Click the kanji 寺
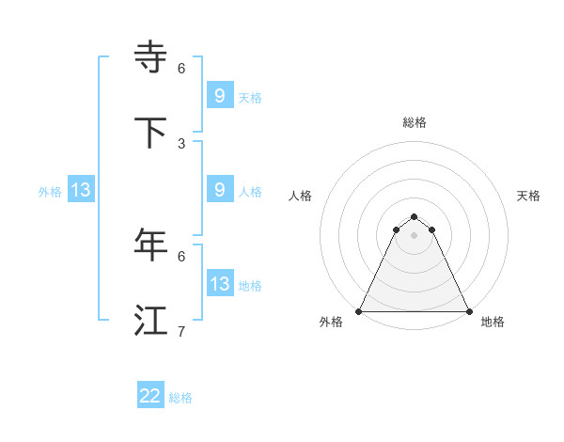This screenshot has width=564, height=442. click(x=151, y=57)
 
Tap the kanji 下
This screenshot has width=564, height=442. click(x=151, y=133)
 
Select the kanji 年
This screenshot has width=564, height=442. click(x=151, y=245)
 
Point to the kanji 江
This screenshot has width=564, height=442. click(x=151, y=321)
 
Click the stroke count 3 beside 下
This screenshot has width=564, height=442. click(x=181, y=143)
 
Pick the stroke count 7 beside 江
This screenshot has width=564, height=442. click(x=181, y=331)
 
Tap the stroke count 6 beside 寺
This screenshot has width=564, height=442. click(x=181, y=68)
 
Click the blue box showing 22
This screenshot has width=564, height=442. click(x=150, y=396)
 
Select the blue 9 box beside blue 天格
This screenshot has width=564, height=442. click(x=219, y=95)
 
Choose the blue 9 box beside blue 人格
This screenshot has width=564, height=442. click(x=219, y=189)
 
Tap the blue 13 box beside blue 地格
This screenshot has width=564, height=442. click(x=219, y=283)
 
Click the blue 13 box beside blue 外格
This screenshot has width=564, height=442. click(x=81, y=190)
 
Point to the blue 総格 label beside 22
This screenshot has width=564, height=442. click(x=180, y=398)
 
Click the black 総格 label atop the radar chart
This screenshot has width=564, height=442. click(x=415, y=122)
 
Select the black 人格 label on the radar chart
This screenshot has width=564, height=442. click(x=301, y=196)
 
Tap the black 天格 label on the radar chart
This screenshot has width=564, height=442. click(x=529, y=196)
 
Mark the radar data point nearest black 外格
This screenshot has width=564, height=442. click(x=359, y=311)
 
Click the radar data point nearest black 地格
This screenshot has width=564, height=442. click(x=469, y=311)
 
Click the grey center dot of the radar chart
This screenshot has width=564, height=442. click(x=415, y=235)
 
